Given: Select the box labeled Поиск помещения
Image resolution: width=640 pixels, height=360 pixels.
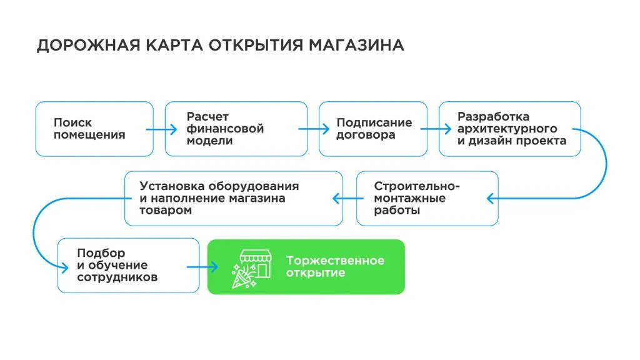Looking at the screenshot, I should (x=94, y=129).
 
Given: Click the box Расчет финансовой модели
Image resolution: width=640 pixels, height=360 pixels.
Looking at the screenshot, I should (x=236, y=129).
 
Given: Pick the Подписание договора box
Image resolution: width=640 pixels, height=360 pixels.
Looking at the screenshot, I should (x=374, y=129).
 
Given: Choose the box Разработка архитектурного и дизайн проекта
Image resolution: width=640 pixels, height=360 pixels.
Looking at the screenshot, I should (x=510, y=129).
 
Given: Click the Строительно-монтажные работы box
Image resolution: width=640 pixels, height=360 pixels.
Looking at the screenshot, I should (x=427, y=198).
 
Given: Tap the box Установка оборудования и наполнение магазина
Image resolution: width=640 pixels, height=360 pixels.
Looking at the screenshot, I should (x=234, y=198).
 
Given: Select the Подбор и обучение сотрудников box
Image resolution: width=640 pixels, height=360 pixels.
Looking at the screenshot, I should (x=122, y=266).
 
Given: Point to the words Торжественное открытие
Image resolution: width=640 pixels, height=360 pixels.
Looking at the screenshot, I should (x=335, y=267).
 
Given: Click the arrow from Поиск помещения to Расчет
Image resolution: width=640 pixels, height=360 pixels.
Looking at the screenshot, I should (x=162, y=129).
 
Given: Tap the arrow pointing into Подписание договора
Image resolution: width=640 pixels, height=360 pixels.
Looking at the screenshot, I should (x=314, y=129).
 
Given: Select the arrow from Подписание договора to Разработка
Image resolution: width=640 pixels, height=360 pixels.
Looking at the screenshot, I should (x=436, y=129).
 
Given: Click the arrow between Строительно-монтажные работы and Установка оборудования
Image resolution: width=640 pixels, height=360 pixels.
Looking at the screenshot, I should (x=344, y=199).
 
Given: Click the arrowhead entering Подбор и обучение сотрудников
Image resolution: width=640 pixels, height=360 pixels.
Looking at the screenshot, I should (x=64, y=267).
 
